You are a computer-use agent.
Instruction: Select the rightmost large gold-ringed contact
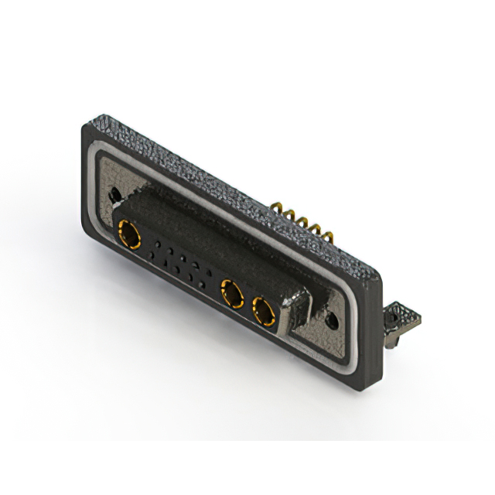click(x=264, y=313)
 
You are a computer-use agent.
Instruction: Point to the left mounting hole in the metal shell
click(x=116, y=195)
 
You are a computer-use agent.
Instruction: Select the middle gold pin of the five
click(x=302, y=221)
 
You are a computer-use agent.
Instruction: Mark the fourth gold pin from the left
click(x=315, y=228)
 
